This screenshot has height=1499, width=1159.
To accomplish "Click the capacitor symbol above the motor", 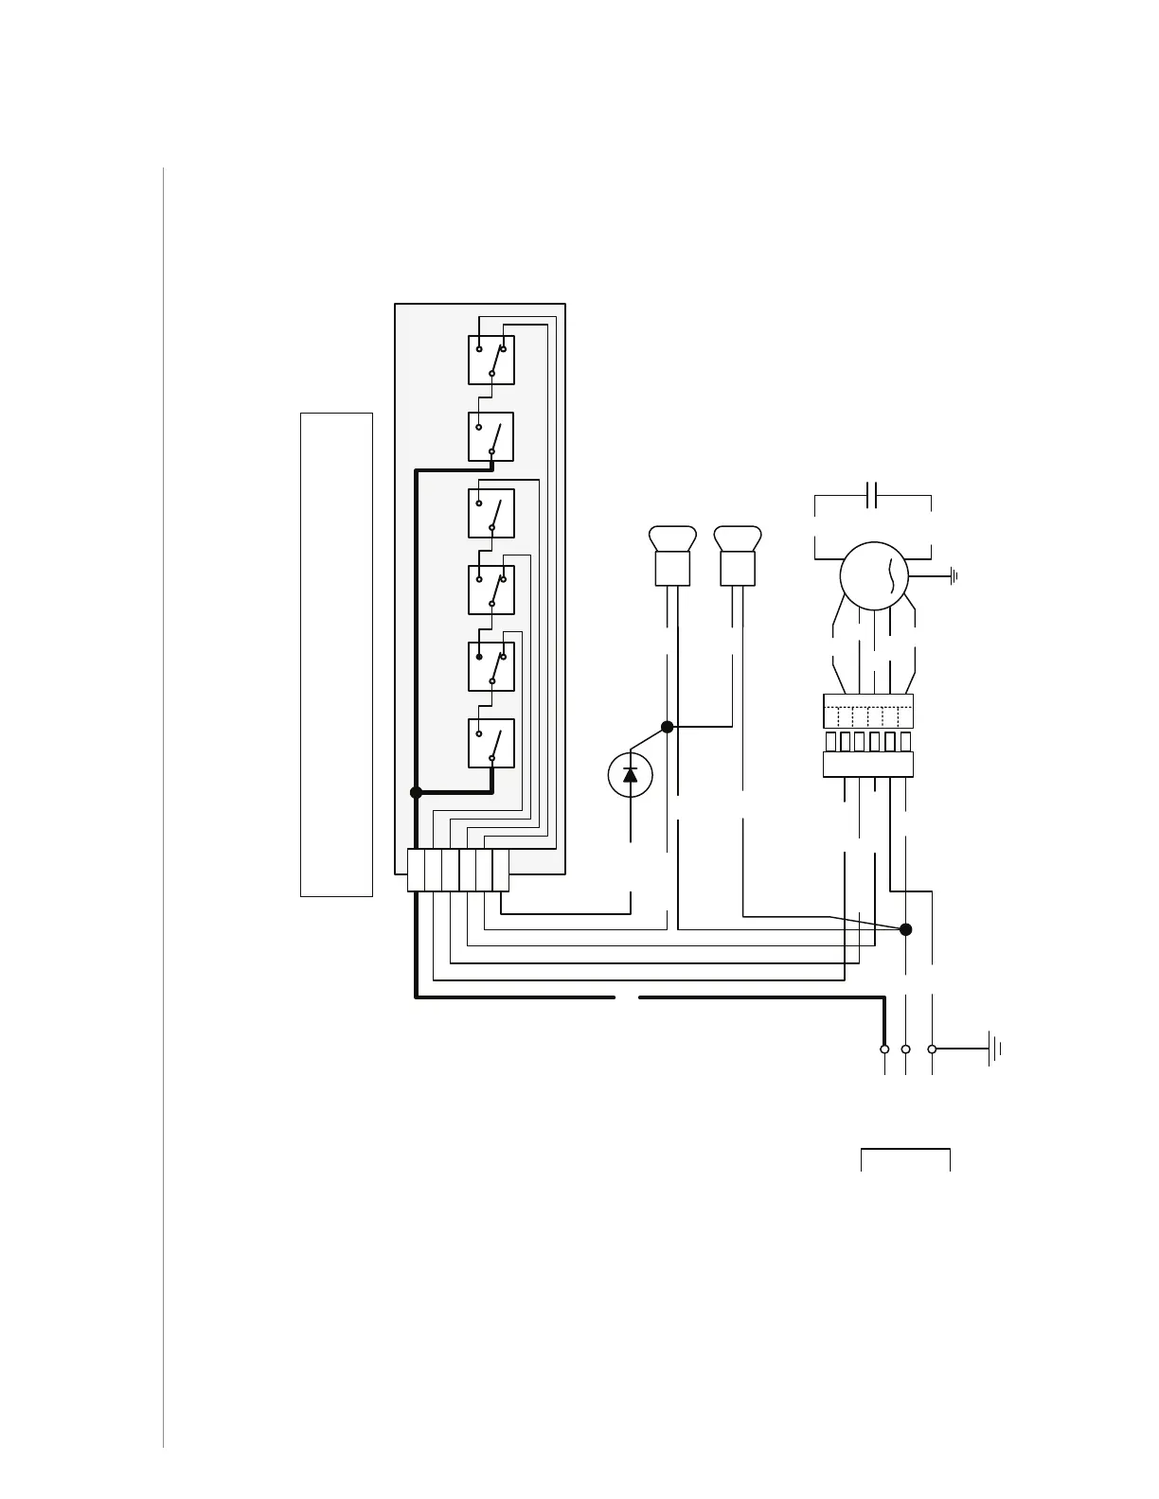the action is coord(873,494).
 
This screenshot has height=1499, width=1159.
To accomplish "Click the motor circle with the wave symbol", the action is coord(874,575).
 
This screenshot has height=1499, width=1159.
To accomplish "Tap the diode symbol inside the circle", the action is coord(631,775).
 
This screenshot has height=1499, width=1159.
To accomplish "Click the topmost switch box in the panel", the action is coord(491,361).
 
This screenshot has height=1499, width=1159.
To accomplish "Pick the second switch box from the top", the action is coord(491,437).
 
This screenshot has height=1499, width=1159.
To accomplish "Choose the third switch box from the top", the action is coord(491,514).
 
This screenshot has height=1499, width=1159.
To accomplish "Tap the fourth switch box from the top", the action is coord(491,591).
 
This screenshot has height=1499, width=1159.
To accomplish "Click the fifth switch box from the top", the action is coord(491,667).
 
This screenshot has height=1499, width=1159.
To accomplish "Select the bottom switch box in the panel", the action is coord(491,744).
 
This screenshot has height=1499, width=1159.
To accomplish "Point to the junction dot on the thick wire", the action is coord(416,792).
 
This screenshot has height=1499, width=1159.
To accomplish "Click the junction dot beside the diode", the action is coord(667,727).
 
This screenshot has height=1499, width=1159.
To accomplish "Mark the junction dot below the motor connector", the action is coord(905,929).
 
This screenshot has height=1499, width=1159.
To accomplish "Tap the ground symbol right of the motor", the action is coord(954,575).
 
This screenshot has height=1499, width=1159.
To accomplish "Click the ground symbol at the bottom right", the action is coord(994,1049).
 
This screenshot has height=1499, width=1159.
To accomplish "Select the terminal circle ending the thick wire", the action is coord(884,1049).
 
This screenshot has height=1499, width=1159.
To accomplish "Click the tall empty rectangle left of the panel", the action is coord(336,654).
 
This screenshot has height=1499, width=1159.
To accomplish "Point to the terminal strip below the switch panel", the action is coord(458,871).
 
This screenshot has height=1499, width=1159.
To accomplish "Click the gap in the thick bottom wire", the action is coord(628,997).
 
